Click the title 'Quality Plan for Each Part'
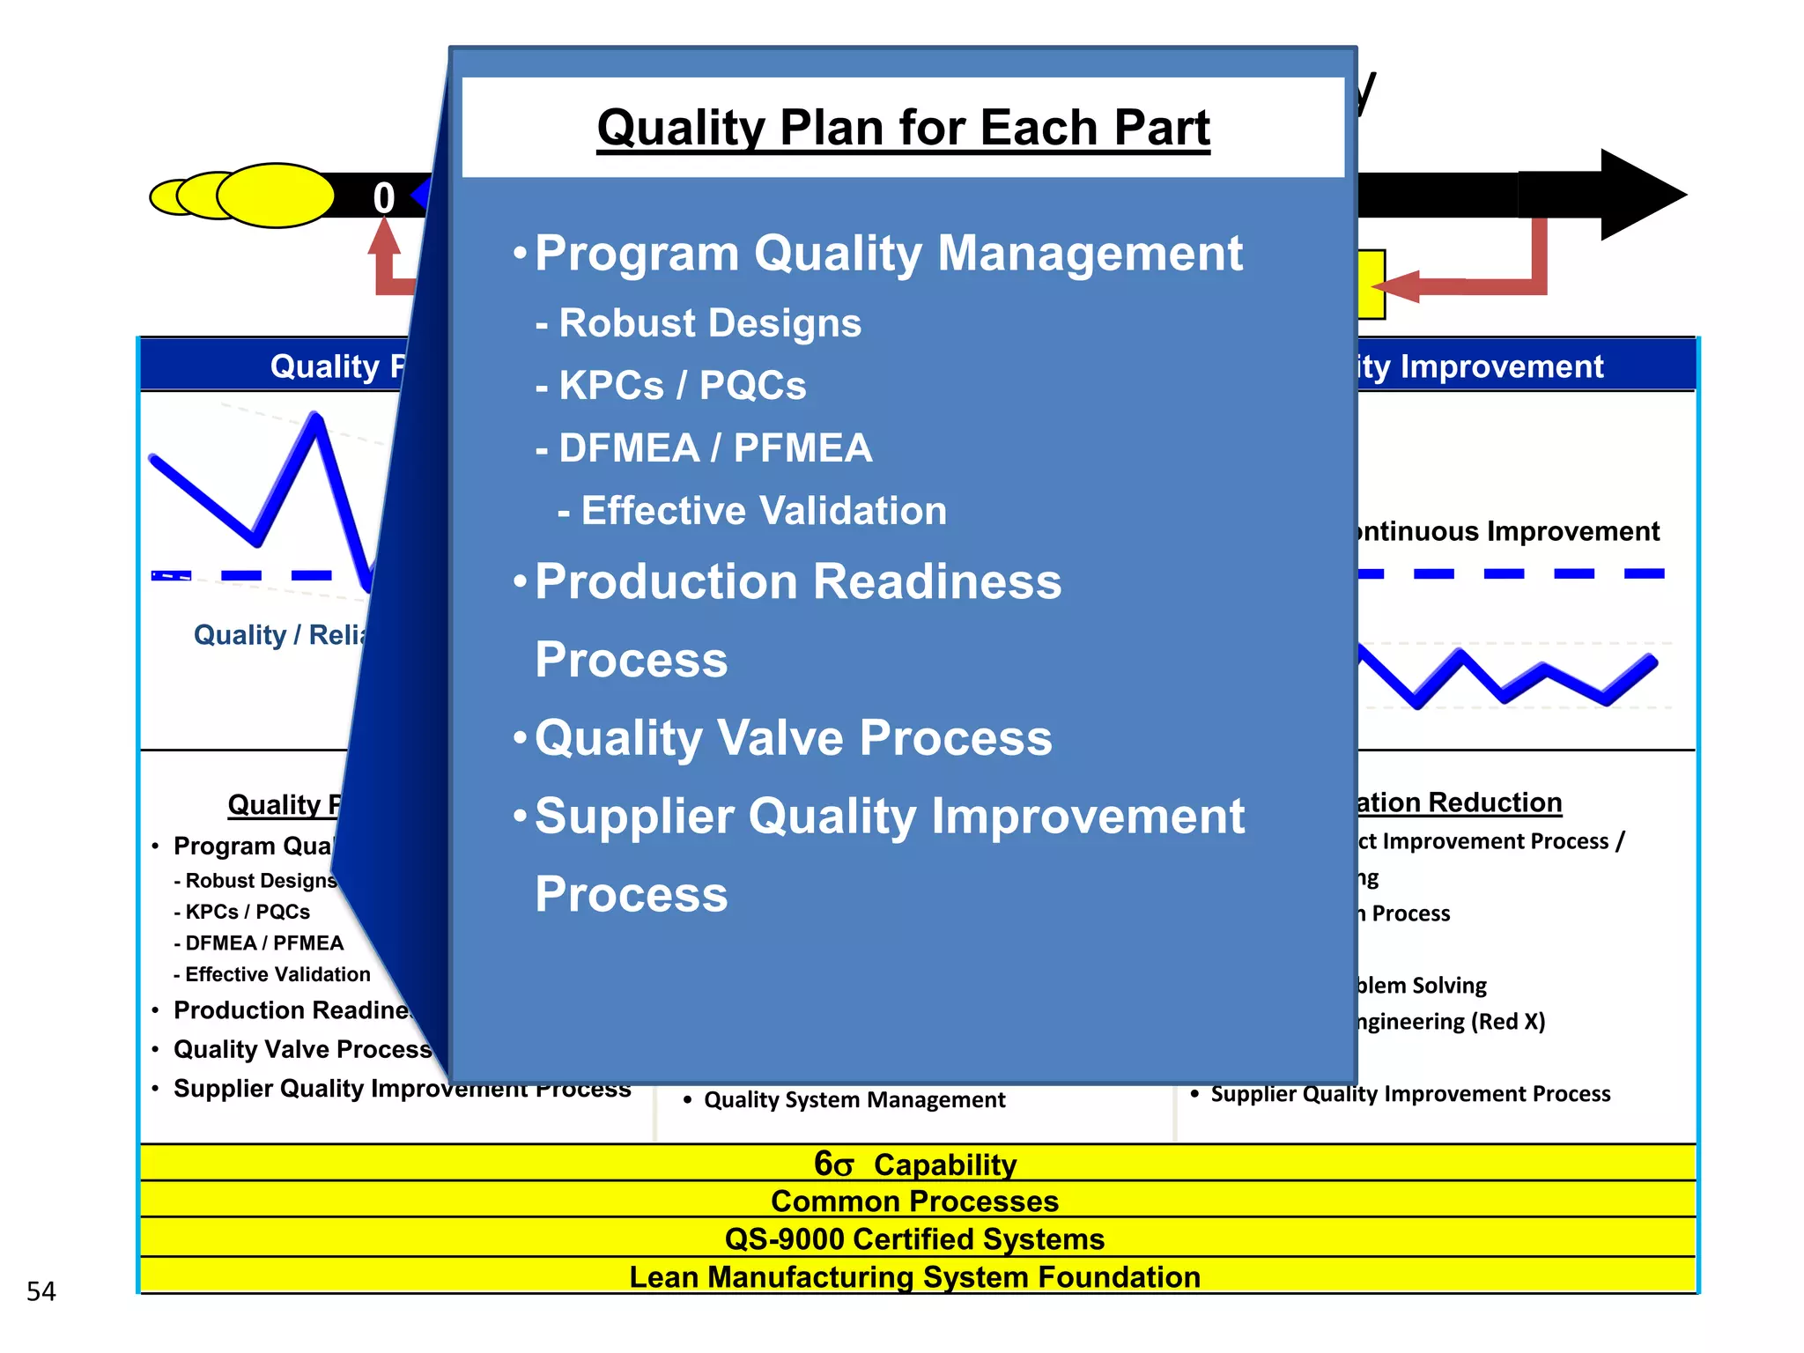point(903,128)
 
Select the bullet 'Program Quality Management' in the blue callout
point(888,254)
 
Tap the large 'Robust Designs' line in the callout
point(709,323)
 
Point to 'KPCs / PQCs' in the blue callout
point(682,386)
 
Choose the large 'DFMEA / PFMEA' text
point(714,448)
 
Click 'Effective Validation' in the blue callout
point(763,511)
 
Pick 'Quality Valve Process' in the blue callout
point(793,738)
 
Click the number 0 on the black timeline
point(383,197)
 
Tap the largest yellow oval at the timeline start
point(276,196)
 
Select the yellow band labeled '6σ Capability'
point(916,1164)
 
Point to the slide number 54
point(41,1291)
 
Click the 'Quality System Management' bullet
point(854,1100)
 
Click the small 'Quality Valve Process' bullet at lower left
point(302,1049)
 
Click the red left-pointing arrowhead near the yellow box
point(1396,286)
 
